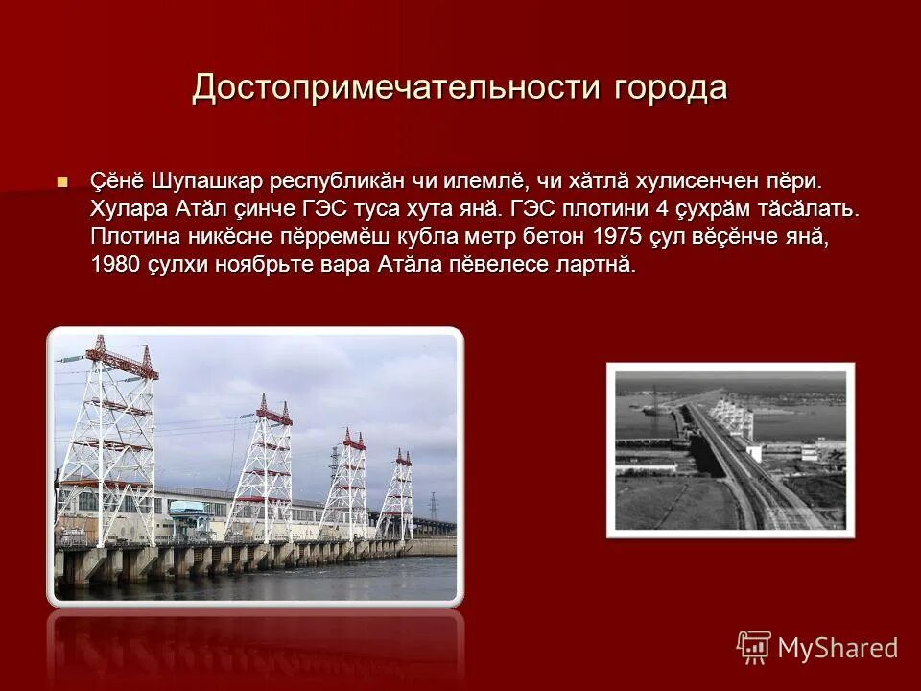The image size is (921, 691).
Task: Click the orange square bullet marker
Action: point(63,181)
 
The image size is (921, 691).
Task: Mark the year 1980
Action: point(115,265)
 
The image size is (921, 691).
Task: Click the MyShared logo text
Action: point(838,648)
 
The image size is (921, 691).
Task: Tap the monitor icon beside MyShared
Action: point(754,647)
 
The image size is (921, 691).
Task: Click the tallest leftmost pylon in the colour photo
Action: point(107,441)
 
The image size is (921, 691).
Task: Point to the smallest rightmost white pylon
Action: point(395,494)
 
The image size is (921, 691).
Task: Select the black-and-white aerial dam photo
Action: point(730,450)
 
